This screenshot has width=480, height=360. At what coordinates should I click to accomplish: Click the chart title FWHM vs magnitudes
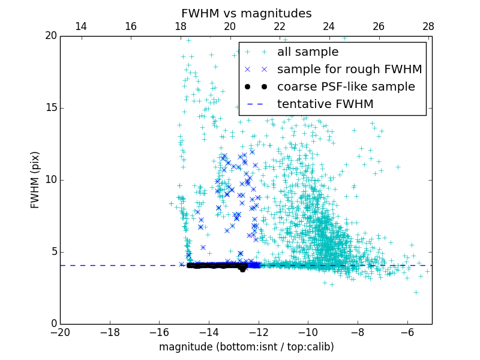click(x=246, y=13)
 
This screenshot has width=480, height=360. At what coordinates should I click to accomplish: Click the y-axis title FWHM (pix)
click(x=35, y=180)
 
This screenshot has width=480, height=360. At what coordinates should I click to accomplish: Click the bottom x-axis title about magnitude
click(x=246, y=347)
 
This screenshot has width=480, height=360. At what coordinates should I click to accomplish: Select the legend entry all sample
click(x=308, y=52)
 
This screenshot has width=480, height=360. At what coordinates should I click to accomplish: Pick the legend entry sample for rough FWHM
click(x=350, y=70)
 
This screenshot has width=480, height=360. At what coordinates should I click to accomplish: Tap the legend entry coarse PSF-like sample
click(x=346, y=87)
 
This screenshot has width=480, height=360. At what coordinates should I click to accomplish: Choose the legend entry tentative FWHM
click(x=325, y=104)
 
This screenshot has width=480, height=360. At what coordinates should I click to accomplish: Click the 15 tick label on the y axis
click(x=50, y=108)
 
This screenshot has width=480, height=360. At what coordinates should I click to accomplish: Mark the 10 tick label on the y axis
click(x=50, y=180)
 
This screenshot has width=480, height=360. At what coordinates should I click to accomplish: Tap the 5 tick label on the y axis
click(x=53, y=252)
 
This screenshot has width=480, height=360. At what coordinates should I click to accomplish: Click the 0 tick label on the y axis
click(x=53, y=324)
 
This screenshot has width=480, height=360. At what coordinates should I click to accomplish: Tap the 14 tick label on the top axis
click(x=81, y=26)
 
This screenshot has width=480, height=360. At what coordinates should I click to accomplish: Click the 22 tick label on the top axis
click(x=280, y=26)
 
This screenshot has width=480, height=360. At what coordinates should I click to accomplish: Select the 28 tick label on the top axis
click(x=428, y=26)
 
